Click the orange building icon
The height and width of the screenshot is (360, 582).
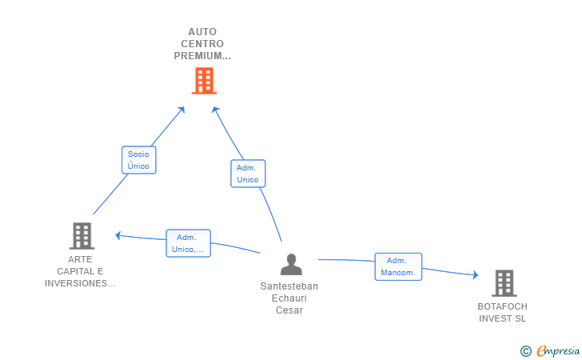pyautogui.click(x=204, y=81)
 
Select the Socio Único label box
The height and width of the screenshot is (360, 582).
pyautogui.click(x=139, y=160)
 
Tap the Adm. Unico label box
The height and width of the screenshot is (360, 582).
pyautogui.click(x=248, y=174)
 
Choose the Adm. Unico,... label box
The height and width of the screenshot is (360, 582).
pyautogui.click(x=188, y=243)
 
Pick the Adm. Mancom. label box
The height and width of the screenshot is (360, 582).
pyautogui.click(x=398, y=266)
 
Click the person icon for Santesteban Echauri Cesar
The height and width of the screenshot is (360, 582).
pyautogui.click(x=291, y=265)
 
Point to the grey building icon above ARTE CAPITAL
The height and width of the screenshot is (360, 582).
pyautogui.click(x=82, y=236)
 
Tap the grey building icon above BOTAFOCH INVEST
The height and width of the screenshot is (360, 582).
pyautogui.click(x=504, y=283)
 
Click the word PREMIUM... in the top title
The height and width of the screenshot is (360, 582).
pyautogui.click(x=202, y=56)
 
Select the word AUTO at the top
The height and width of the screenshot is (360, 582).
pyautogui.click(x=202, y=31)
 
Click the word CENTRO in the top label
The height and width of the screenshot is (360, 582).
pyautogui.click(x=202, y=44)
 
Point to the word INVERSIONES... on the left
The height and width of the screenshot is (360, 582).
pyautogui.click(x=80, y=283)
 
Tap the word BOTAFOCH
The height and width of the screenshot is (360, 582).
pyautogui.click(x=502, y=306)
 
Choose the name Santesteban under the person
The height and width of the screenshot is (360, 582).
pyautogui.click(x=289, y=286)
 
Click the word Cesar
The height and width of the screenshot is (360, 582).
pyautogui.click(x=289, y=310)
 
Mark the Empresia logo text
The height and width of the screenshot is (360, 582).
pyautogui.click(x=558, y=350)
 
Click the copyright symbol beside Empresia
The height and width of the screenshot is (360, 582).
pyautogui.click(x=526, y=351)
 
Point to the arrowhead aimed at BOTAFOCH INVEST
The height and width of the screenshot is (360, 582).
pyautogui.click(x=476, y=275)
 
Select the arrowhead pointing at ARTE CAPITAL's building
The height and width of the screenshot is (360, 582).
pyautogui.click(x=118, y=235)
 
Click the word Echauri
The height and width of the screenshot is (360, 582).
pyautogui.click(x=289, y=298)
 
